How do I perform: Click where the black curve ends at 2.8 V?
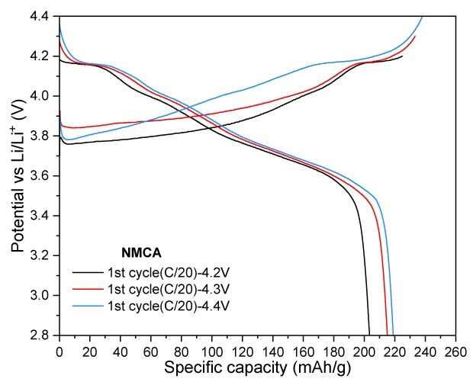(369, 334)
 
